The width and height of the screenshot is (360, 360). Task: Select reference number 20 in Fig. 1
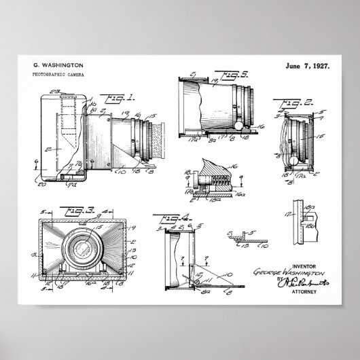coord(42,182)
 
